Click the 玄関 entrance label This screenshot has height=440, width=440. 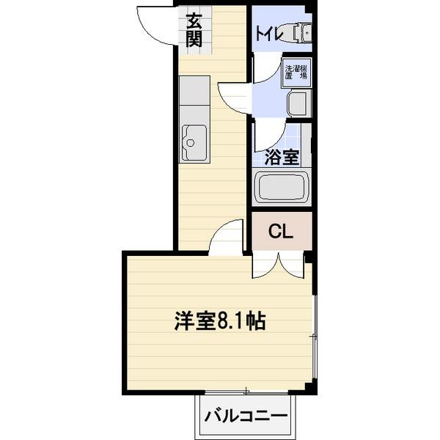pos(193,30)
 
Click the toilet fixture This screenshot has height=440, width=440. pos(298,33)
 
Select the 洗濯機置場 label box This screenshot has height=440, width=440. pos(298,74)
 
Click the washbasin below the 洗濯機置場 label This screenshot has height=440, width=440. pos(299,103)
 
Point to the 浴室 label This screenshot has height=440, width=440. pos(281,157)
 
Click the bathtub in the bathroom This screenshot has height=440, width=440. pos(282,188)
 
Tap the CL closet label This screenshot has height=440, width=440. pos(282,232)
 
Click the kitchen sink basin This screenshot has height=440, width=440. pos(194,142)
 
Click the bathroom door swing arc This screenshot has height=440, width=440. pos(269,134)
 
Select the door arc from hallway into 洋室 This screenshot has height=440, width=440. pos(228,238)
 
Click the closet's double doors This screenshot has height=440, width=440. pos(279,265)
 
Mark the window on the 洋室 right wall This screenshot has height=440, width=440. pos(314,337)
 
